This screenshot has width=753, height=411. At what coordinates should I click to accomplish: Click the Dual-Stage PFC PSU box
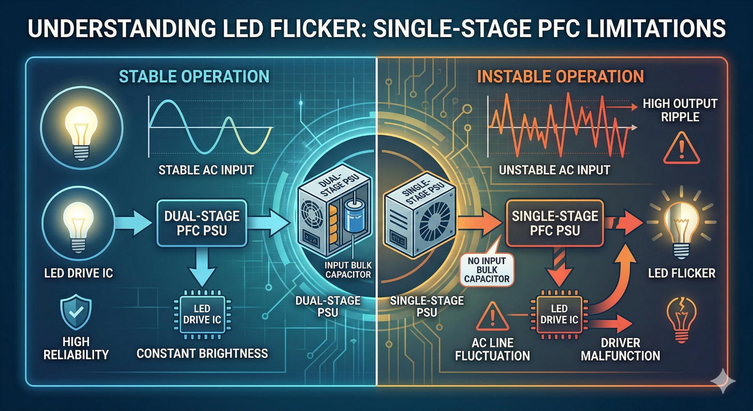[201, 223]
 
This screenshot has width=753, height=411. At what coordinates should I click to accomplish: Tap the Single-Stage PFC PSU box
[554, 223]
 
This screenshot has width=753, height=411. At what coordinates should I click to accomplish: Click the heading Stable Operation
[194, 77]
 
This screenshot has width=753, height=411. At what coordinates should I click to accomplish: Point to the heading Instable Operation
[560, 77]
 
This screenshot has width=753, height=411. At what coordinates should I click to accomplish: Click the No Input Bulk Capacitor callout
[487, 270]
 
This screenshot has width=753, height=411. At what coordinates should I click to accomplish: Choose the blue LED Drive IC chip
[202, 314]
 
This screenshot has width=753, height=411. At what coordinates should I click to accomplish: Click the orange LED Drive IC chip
[559, 314]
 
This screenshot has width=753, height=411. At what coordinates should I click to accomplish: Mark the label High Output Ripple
[680, 110]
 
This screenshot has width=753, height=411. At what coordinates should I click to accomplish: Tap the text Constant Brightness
[202, 354]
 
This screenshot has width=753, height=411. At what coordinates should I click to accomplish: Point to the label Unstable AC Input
[554, 170]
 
